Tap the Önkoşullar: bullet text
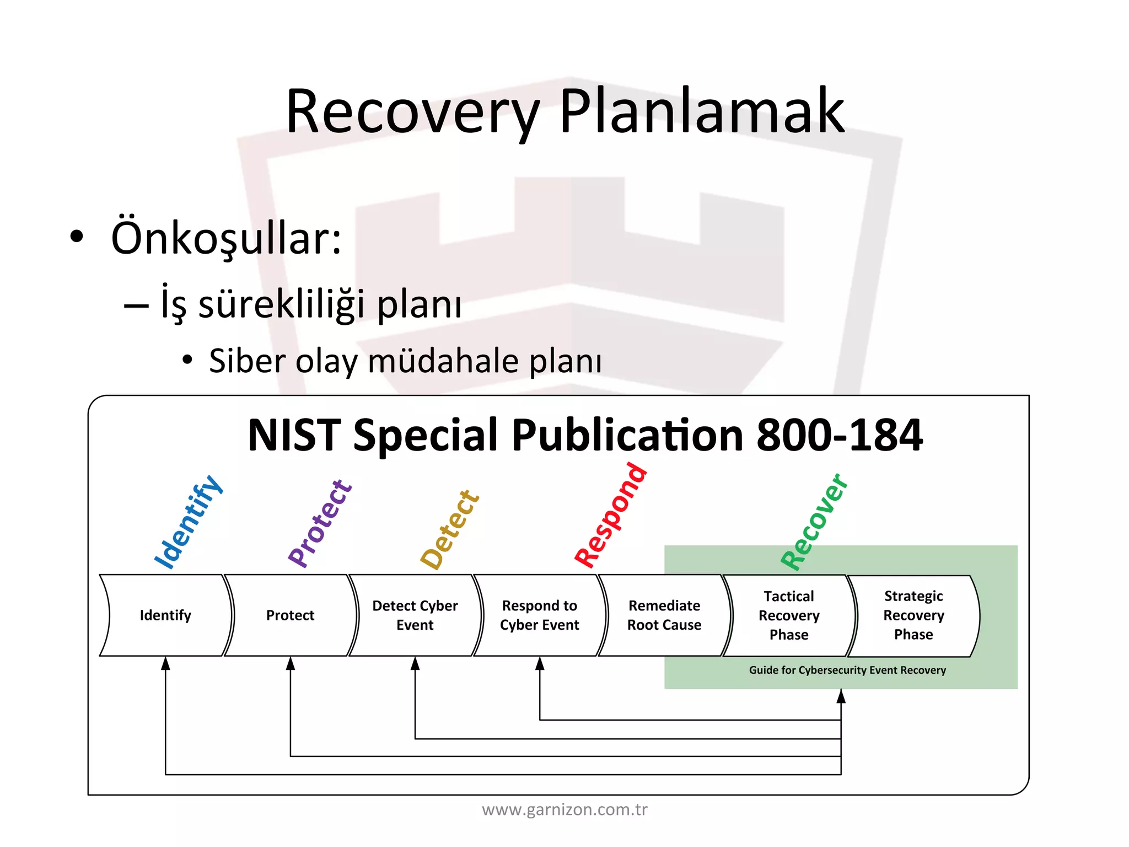pyautogui.click(x=226, y=238)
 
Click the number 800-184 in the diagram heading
pyautogui.click(x=839, y=435)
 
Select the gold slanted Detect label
pyautogui.click(x=450, y=529)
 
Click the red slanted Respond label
pyautogui.click(x=610, y=516)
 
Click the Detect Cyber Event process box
pyautogui.click(x=415, y=615)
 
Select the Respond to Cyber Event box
pyautogui.click(x=540, y=615)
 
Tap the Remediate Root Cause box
pyautogui.click(x=664, y=615)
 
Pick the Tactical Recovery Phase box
pyautogui.click(x=789, y=615)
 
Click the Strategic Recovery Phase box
pyautogui.click(x=913, y=615)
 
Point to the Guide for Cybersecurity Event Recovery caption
pyautogui.click(x=847, y=670)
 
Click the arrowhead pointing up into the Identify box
pyautogui.click(x=165, y=663)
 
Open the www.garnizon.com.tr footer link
pyautogui.click(x=564, y=810)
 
